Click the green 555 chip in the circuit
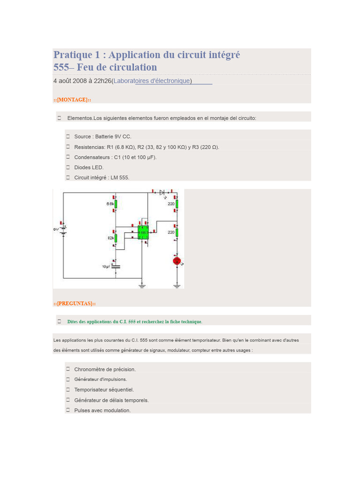(x=143, y=232)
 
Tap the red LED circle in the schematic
(x=177, y=261)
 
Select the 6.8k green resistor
(x=116, y=204)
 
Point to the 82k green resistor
(x=116, y=238)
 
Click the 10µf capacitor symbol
(x=116, y=267)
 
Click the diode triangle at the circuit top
(x=162, y=192)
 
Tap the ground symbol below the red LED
(x=177, y=286)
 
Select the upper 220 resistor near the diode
(x=177, y=204)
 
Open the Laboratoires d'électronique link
(x=151, y=81)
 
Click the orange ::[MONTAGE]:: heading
(x=72, y=100)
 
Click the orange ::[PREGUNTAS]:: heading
(x=75, y=303)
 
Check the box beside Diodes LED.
(x=68, y=167)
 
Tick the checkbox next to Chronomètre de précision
(x=68, y=369)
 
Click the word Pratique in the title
(x=73, y=55)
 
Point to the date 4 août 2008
(x=70, y=81)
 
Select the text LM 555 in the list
(x=120, y=178)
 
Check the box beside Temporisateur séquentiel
(x=68, y=390)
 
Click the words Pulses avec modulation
(x=102, y=410)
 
